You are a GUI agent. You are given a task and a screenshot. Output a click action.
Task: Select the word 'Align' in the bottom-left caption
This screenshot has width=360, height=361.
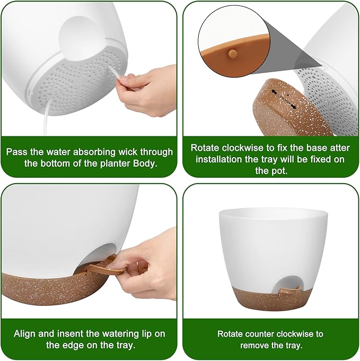27,334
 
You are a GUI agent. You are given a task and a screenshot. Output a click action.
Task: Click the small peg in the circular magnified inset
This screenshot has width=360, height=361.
232,53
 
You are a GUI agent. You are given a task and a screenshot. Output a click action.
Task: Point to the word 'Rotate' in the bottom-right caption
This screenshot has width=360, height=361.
232,334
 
